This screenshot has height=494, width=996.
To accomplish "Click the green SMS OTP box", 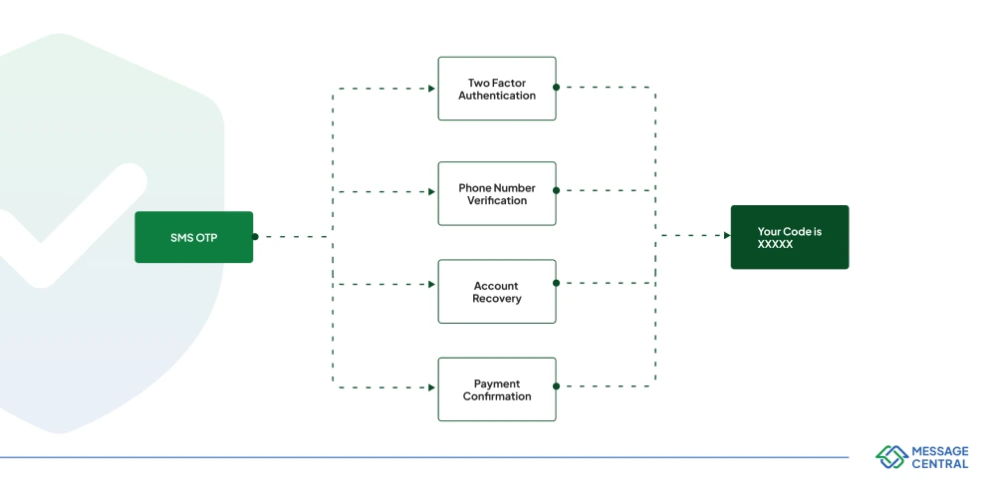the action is click(194, 237).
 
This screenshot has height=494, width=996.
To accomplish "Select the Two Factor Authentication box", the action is click(497, 89).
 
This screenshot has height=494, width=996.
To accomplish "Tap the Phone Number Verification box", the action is click(497, 193).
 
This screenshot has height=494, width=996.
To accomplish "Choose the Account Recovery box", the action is click(497, 292).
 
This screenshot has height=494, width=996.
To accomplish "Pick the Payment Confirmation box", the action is click(497, 389).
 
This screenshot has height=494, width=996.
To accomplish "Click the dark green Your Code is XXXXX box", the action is click(790, 237).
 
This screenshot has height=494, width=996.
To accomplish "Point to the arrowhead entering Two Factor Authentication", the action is click(432, 89).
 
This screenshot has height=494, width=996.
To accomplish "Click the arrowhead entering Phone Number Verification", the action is click(432, 191).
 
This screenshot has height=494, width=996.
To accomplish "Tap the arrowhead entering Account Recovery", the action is click(432, 285).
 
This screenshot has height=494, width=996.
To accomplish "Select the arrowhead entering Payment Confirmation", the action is click(432, 387).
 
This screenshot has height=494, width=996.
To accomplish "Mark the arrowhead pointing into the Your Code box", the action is click(727, 236).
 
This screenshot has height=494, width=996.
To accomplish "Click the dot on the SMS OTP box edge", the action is click(255, 237).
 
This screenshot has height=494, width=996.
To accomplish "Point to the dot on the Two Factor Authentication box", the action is click(557, 87).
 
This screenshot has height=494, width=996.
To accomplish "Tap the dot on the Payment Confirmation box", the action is click(557, 386).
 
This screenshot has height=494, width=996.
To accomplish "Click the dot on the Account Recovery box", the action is click(557, 283).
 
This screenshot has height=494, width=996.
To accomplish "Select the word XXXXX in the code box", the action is click(775, 244).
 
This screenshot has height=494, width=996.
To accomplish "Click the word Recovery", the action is click(497, 299).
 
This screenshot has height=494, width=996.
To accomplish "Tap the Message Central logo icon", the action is click(891, 457).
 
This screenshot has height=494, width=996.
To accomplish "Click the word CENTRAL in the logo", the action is click(940, 464).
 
